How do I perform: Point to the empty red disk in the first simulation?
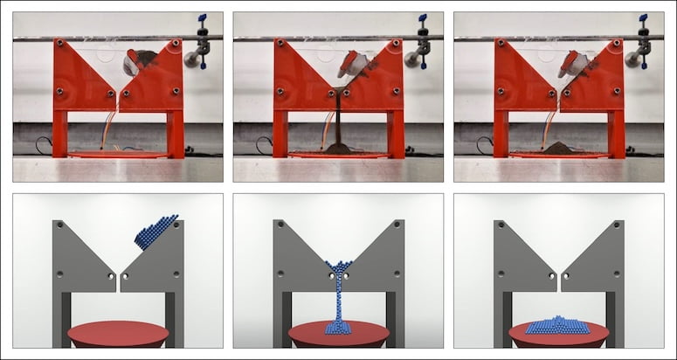118,334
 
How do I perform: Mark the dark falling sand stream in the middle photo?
338,118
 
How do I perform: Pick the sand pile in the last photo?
558,147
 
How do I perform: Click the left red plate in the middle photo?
301,79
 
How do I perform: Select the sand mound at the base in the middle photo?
338,149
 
